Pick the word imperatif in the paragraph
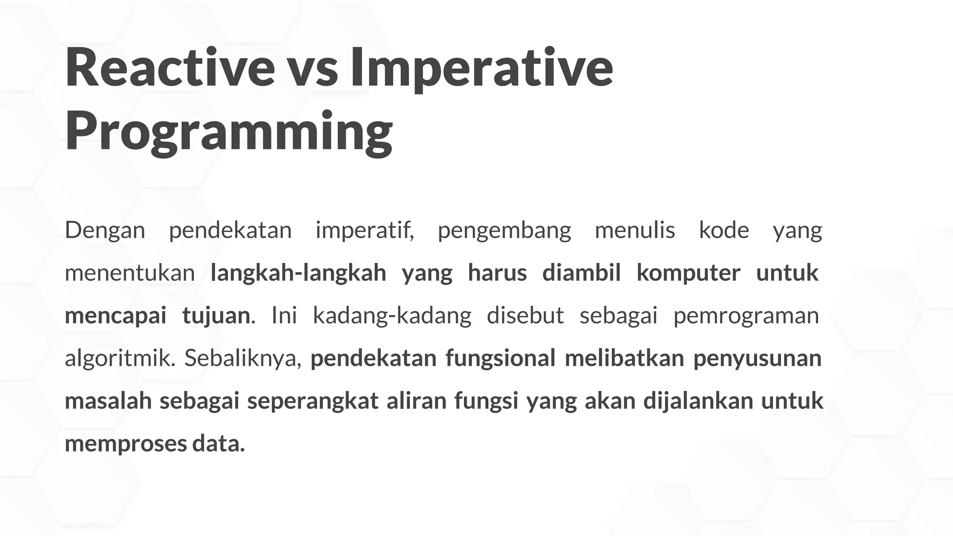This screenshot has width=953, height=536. [x=364, y=230]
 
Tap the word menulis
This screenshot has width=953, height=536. [x=635, y=230]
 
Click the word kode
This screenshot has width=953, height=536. [x=724, y=230]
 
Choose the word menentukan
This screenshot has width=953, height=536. [x=130, y=273]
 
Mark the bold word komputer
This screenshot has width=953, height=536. [x=688, y=273]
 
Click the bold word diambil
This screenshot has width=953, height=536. [x=581, y=273]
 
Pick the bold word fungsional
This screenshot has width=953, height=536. [x=500, y=359]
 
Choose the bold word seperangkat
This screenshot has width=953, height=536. [x=313, y=402]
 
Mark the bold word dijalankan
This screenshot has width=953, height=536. [x=698, y=402]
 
